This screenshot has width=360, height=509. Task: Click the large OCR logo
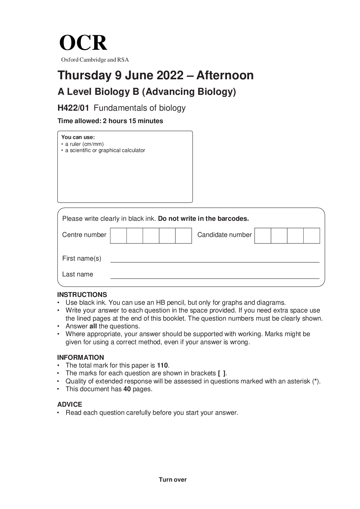point(83,43)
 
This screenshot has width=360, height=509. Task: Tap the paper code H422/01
point(73,108)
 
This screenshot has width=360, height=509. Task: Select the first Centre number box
point(118,236)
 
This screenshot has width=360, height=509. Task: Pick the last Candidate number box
point(312,236)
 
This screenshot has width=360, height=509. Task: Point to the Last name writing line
point(215,278)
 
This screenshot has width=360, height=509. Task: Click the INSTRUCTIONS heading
point(82,294)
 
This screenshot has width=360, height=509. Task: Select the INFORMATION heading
point(81,357)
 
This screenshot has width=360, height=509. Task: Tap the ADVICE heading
point(70,405)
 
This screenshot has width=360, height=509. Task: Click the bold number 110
point(162,365)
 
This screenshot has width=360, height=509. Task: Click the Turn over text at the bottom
point(173,479)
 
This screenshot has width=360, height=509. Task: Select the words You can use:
point(78,137)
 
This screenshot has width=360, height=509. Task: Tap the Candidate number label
point(224,235)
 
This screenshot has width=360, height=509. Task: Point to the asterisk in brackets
point(316,381)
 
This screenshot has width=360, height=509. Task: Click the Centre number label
point(84,235)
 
